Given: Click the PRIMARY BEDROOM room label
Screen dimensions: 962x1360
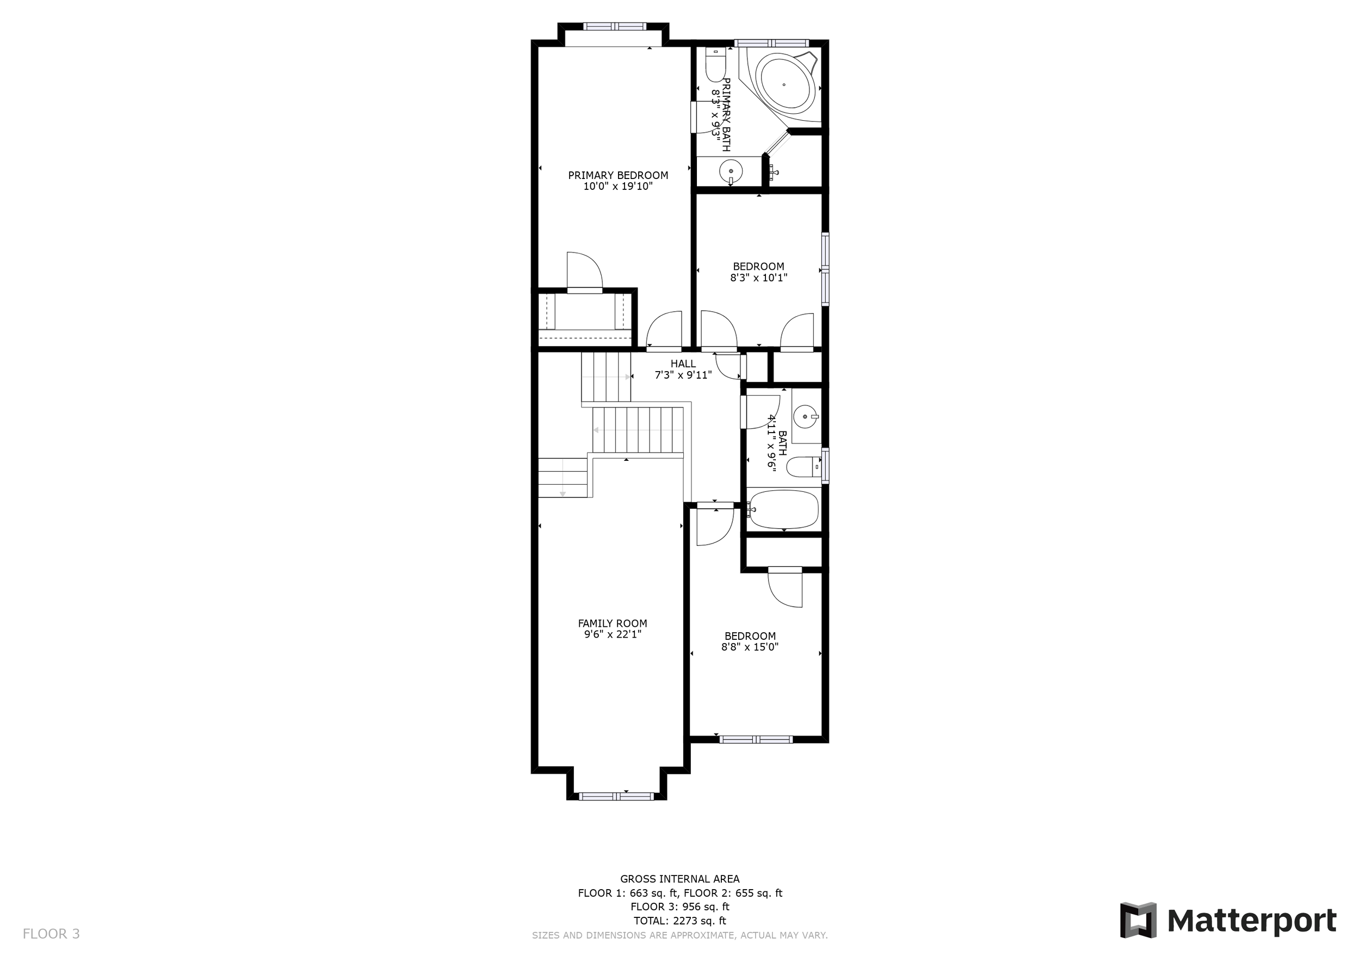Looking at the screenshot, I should pos(618,175).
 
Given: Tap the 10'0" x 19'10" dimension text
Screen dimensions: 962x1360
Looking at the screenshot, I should pos(618,187).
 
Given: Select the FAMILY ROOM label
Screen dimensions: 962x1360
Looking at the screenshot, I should pos(613,623).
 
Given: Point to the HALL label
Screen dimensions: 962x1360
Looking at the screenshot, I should pos(683,363).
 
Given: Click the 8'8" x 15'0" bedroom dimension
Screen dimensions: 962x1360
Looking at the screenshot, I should pos(750,647).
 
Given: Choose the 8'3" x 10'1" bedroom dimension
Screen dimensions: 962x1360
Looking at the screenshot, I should pos(758,277).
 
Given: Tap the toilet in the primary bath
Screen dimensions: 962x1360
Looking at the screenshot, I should pos(715,65).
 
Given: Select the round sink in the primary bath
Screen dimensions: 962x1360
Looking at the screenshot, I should pos(731,172).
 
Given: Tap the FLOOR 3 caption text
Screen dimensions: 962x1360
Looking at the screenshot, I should pos(51,934).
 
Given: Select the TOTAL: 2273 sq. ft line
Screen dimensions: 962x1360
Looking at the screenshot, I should pos(679,921).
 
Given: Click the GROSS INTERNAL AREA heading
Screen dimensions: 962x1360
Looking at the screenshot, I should pos(679,879).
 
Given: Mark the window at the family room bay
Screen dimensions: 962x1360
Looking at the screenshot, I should pos(616,796).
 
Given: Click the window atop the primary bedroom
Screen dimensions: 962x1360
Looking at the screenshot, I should pos(614,26).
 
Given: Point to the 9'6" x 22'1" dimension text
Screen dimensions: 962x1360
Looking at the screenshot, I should pos(613,634).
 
